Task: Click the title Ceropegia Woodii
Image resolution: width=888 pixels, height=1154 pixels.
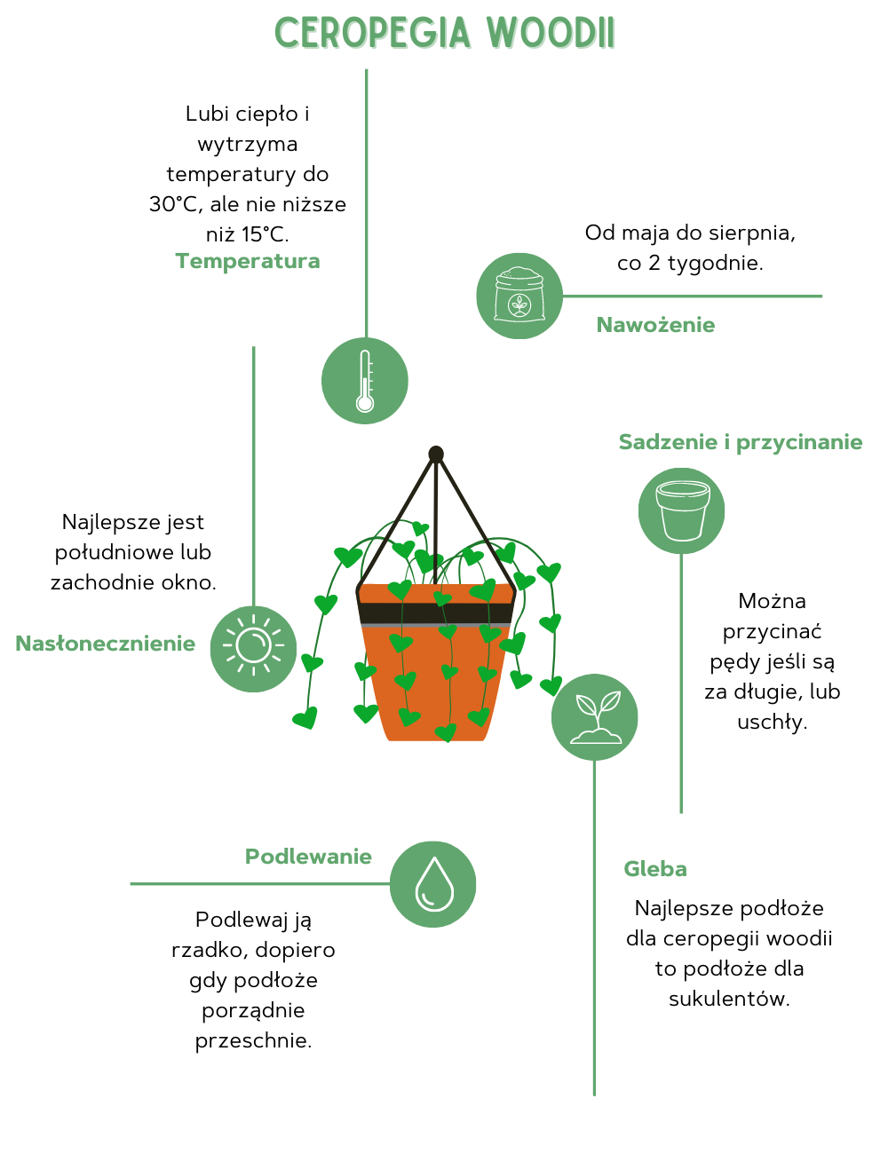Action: point(444,34)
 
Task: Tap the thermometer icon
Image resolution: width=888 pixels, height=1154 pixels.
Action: point(365,381)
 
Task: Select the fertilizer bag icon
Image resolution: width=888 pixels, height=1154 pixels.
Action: point(519,296)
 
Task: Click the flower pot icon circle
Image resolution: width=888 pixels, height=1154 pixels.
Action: point(682,510)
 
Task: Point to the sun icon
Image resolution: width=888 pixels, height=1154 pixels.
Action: point(254,649)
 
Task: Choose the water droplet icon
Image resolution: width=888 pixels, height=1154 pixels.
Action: point(433,884)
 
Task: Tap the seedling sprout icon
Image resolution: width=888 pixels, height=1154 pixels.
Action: point(595,717)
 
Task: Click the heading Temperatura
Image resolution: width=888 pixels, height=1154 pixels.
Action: point(248,261)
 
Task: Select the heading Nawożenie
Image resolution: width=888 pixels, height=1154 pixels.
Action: point(655,325)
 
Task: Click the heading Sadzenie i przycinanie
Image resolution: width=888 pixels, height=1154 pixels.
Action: point(741,442)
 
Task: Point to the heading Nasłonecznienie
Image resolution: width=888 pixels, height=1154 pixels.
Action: point(105,644)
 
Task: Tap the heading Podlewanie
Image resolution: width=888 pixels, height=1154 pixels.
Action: point(308,857)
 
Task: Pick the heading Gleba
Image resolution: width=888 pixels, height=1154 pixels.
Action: point(655,869)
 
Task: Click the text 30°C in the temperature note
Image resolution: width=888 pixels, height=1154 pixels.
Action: point(174,204)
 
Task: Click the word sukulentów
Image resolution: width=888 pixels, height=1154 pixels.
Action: point(729,999)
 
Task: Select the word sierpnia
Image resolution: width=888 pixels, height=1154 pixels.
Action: point(752,233)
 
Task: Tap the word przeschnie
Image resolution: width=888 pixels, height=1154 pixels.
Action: point(253,1040)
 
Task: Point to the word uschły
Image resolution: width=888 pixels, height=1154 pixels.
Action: point(772,722)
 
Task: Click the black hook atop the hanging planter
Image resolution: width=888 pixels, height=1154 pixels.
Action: point(436,454)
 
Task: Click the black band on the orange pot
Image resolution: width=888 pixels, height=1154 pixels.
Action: point(436,613)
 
